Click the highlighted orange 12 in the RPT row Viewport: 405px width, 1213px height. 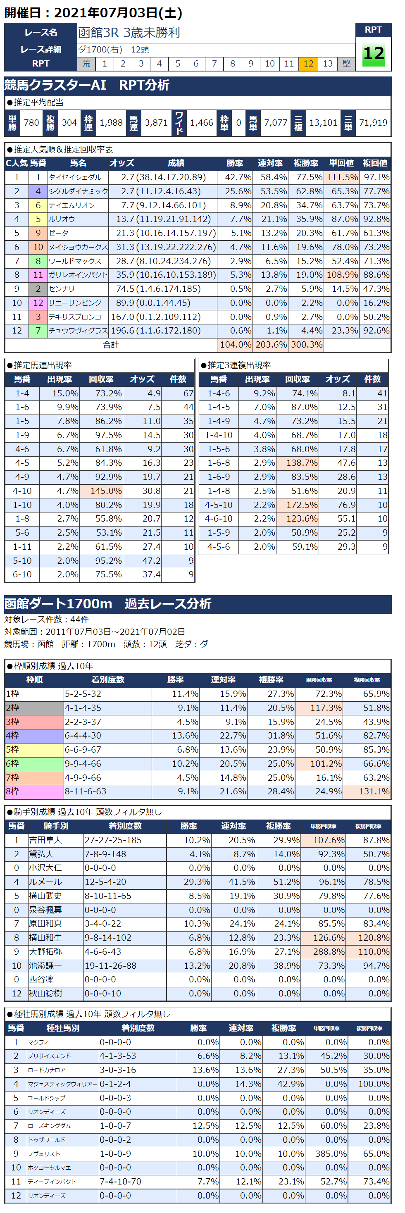[308, 64]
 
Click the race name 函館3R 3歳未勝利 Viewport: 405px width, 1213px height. [129, 33]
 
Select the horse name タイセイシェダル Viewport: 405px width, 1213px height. [75, 178]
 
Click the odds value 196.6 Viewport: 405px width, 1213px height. [122, 331]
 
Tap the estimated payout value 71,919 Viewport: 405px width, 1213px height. [373, 123]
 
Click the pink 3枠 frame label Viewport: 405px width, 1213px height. [34, 722]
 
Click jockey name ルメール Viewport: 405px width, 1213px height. [46, 882]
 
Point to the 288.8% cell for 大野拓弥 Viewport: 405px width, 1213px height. [323, 952]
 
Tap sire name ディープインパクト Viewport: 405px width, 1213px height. [52, 1182]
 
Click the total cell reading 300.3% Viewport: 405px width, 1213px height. [306, 345]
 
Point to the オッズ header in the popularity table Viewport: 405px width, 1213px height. [121, 163]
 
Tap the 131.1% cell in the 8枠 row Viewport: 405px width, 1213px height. [367, 791]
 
